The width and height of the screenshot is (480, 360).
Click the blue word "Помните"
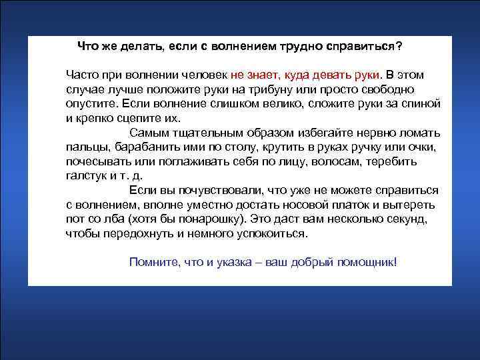point(152,261)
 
